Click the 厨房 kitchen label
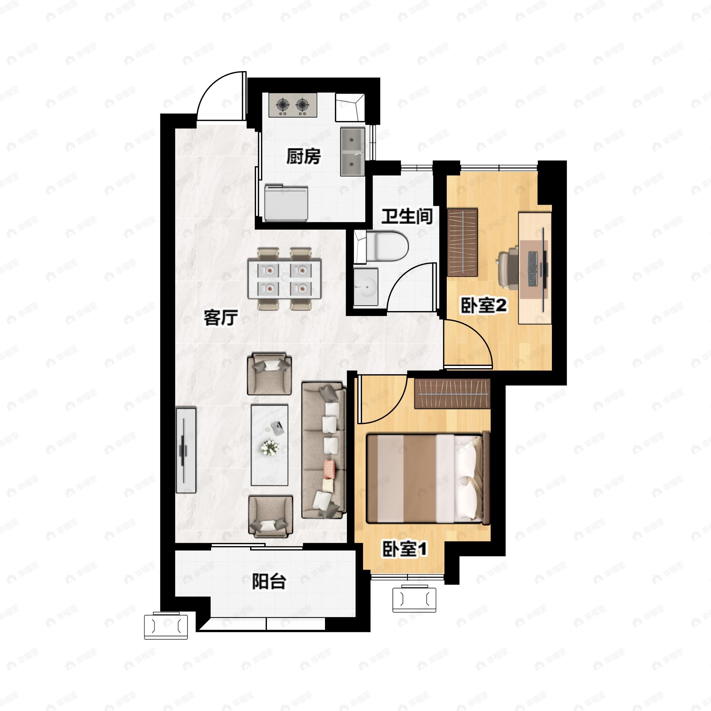click(x=304, y=156)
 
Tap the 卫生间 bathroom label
click(x=407, y=216)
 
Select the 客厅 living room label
click(x=221, y=318)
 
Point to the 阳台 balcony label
click(x=269, y=582)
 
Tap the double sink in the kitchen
click(x=353, y=152)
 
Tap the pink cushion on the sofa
click(x=329, y=469)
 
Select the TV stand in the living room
click(x=186, y=450)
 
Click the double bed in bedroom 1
click(x=428, y=478)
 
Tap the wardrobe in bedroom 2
click(x=462, y=243)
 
